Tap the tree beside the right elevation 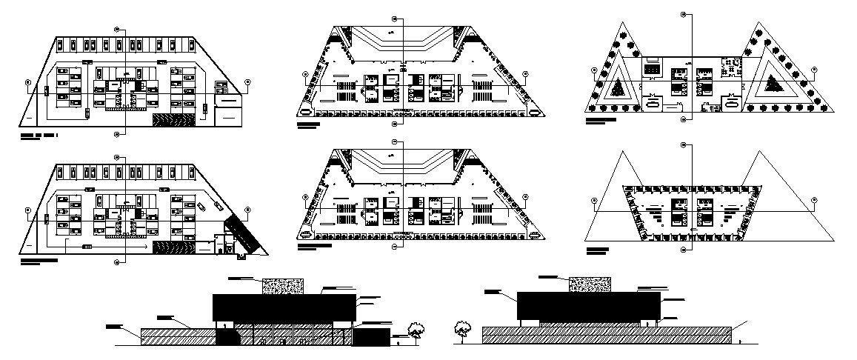pos(463,327)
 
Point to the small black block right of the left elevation pos(370,337)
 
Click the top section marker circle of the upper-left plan pos(117,27)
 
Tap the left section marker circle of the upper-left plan pos(27,82)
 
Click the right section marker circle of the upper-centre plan pos(525,74)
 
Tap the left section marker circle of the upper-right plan pos(594,70)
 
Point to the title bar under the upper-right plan pos(600,119)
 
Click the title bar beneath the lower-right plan pos(597,250)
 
